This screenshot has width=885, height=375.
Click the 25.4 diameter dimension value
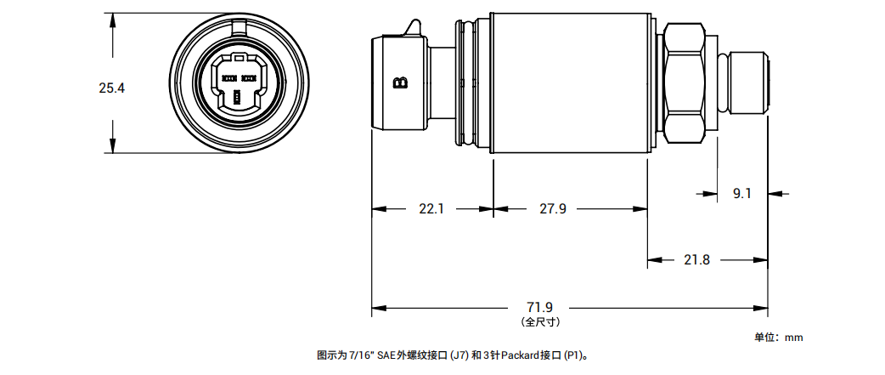point(112,88)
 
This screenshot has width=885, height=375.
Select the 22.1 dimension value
point(431,209)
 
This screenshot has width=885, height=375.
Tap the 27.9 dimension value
point(553,209)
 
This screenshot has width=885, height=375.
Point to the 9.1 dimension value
point(741,194)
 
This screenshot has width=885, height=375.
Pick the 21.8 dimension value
point(697,260)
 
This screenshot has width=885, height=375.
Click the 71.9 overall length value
point(539,308)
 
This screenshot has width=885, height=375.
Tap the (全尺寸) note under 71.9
point(540,322)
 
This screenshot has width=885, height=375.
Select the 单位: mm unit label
point(778,338)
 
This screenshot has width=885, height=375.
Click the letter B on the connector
point(400,83)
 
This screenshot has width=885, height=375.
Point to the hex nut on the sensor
point(685,82)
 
